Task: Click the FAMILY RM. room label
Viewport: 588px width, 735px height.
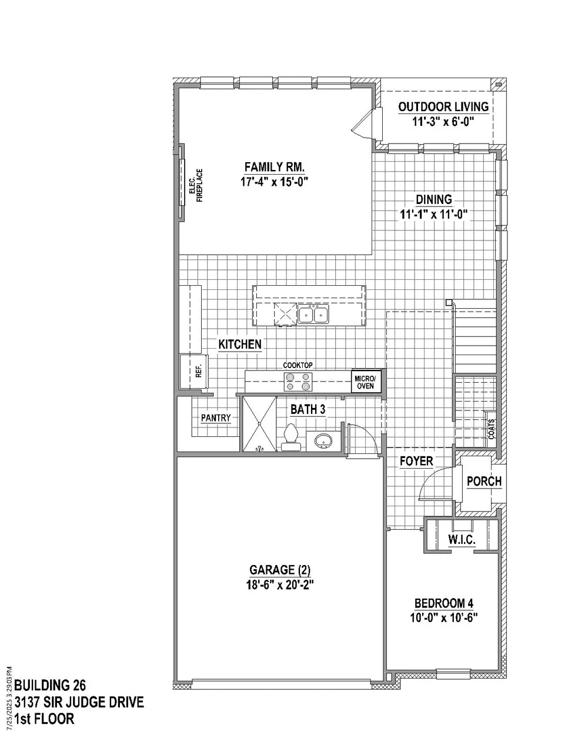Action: pyautogui.click(x=275, y=168)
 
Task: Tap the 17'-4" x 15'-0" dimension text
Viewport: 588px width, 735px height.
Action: pyautogui.click(x=275, y=182)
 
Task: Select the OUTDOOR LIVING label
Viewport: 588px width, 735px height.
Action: pyautogui.click(x=443, y=107)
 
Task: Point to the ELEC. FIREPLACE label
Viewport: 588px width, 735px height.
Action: pyautogui.click(x=196, y=185)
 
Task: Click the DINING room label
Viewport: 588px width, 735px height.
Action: pyautogui.click(x=434, y=199)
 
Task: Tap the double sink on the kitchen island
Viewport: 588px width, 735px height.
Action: pyautogui.click(x=313, y=314)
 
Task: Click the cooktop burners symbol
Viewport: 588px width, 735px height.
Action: pyautogui.click(x=298, y=382)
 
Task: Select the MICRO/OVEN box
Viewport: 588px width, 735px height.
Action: pyautogui.click(x=366, y=382)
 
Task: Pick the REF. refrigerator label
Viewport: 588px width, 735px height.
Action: pyautogui.click(x=199, y=371)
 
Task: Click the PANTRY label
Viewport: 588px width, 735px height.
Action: pyautogui.click(x=216, y=417)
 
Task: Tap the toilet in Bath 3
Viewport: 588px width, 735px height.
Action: pyautogui.click(x=291, y=437)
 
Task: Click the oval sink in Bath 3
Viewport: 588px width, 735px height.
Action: pyautogui.click(x=323, y=440)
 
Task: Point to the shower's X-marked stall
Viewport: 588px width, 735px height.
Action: pyautogui.click(x=259, y=424)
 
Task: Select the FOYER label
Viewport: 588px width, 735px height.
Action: pyautogui.click(x=416, y=461)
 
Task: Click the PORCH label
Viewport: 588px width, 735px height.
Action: pyautogui.click(x=484, y=481)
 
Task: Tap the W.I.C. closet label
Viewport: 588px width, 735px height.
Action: pyautogui.click(x=462, y=540)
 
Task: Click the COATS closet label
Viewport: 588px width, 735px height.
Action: pyautogui.click(x=492, y=429)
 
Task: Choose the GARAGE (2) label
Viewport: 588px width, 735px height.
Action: pyautogui.click(x=280, y=570)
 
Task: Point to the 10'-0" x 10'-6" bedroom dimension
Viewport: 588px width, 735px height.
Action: pyautogui.click(x=444, y=618)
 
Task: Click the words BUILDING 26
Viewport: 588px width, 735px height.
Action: pyautogui.click(x=50, y=686)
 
